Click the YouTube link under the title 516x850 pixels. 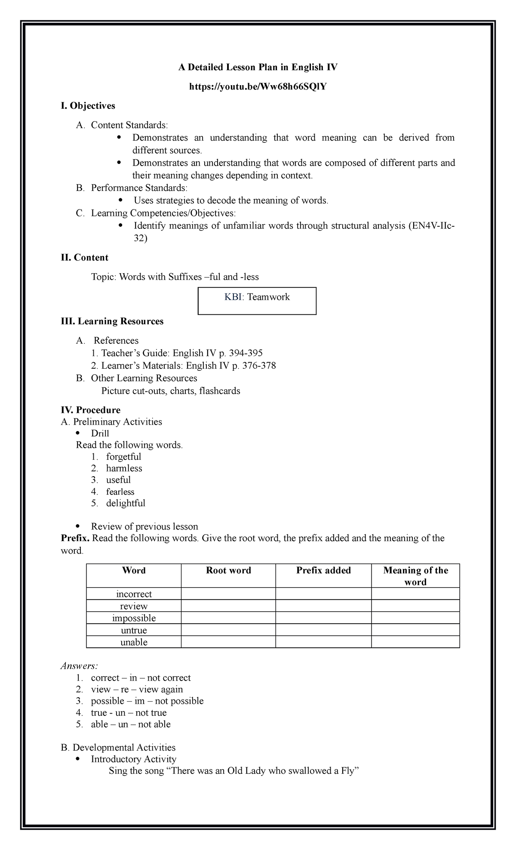258,87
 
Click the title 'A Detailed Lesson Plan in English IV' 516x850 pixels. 258,68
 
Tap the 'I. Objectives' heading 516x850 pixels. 88,106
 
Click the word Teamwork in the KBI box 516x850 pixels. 268,297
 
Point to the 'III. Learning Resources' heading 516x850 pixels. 112,321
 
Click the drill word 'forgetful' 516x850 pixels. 123,457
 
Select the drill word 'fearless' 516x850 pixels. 120,492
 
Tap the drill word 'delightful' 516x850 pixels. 126,503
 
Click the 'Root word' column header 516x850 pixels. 228,571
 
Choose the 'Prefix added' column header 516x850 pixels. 323,571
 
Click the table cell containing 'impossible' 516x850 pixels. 134,619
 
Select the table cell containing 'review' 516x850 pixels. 134,607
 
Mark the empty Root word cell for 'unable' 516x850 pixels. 228,643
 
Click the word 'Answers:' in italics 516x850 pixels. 80,666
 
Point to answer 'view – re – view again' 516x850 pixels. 137,690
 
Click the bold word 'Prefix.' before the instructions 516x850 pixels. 76,539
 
